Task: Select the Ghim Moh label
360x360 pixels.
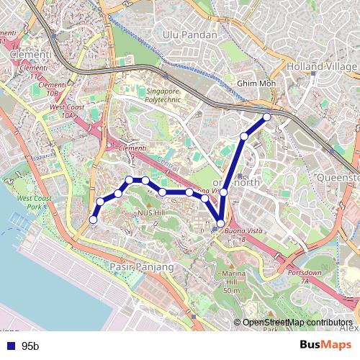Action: coord(250,84)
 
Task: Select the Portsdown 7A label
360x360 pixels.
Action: coord(307,277)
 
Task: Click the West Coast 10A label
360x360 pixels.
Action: coord(63,111)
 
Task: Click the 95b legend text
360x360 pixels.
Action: coord(30,346)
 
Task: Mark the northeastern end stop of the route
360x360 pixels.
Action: coord(267,117)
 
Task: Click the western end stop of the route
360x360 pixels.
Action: coord(93,220)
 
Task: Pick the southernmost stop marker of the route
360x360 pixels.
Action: coord(220,224)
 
